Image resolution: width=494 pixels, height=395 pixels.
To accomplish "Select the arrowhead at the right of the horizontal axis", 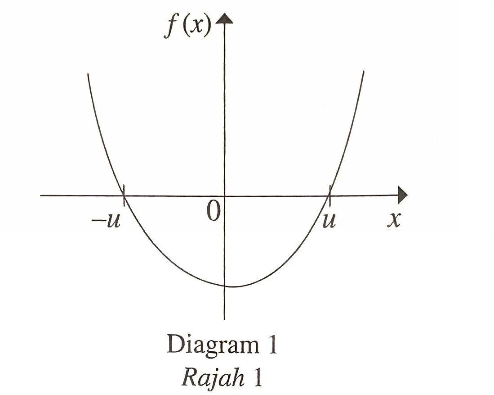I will click(x=403, y=195).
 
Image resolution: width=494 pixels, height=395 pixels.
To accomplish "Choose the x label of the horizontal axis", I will click(x=394, y=220).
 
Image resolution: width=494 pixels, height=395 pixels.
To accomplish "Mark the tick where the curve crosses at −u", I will click(x=123, y=195).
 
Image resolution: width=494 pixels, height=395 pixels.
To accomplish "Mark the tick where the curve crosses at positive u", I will click(x=329, y=195).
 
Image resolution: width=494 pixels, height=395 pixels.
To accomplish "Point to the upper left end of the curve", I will click(x=88, y=74).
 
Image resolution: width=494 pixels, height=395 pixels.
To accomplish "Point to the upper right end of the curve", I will click(x=363, y=72).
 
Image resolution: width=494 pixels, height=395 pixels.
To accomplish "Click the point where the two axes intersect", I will click(x=224, y=195).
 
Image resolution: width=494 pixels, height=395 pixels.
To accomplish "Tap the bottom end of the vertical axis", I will click(x=224, y=319).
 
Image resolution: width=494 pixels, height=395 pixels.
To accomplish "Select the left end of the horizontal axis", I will click(x=41, y=195).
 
